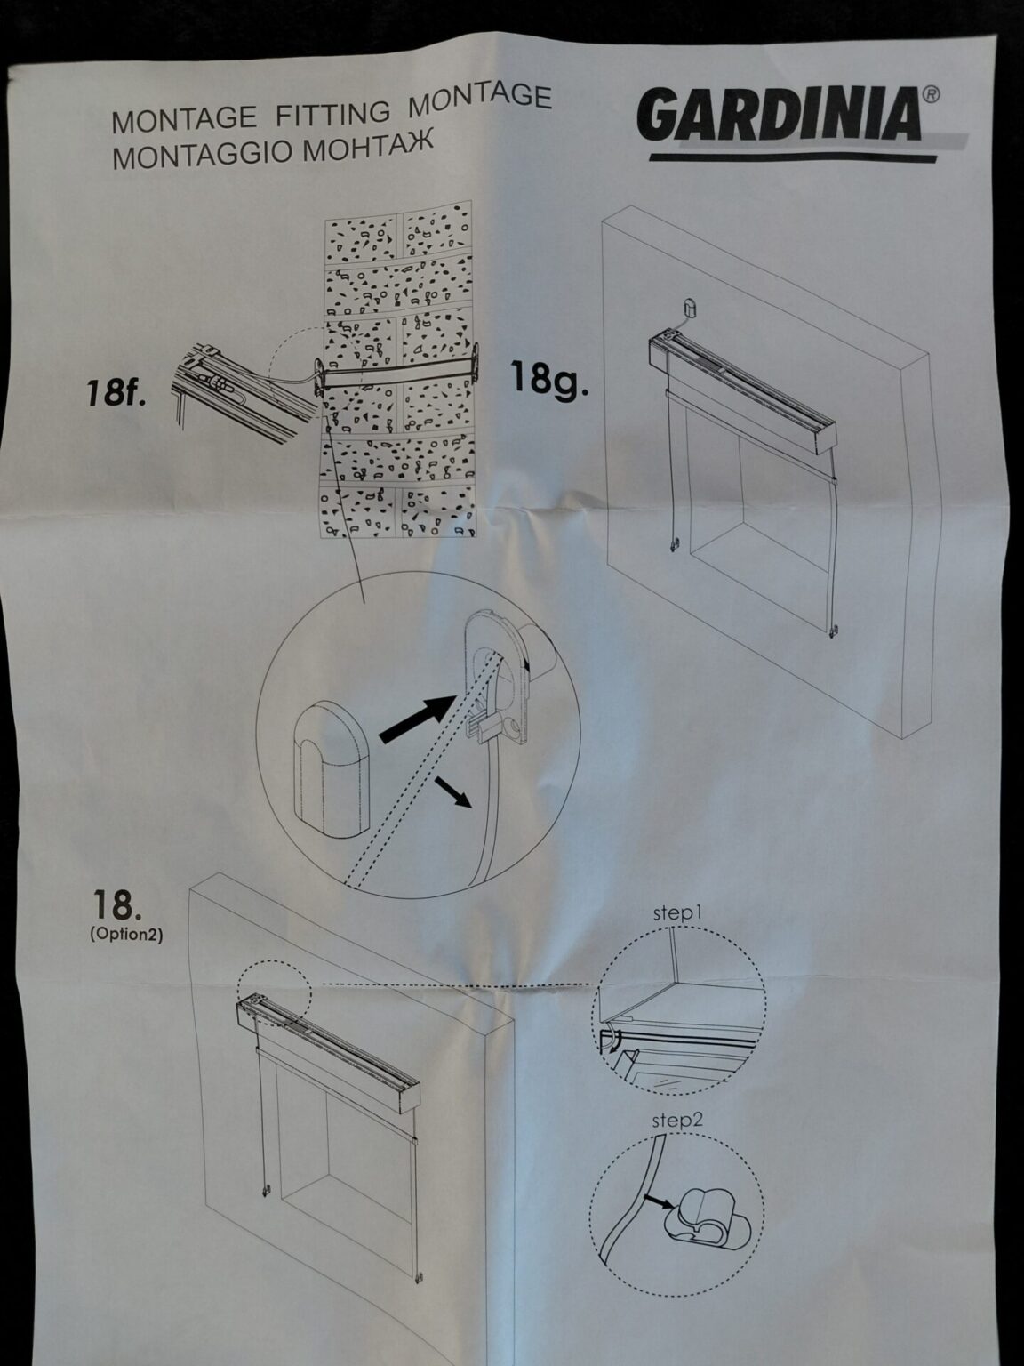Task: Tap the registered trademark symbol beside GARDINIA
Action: tap(931, 94)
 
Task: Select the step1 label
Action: tap(678, 913)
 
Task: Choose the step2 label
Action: tap(677, 1121)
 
